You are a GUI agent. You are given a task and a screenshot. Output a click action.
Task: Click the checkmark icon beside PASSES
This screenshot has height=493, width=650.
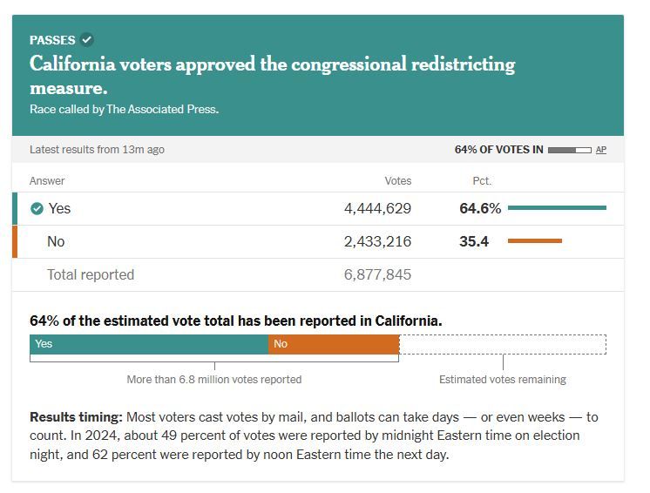click(87, 39)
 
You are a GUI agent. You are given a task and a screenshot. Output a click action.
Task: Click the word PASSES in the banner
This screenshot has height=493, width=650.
click(52, 40)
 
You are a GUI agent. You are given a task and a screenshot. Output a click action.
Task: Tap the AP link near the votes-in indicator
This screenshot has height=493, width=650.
click(601, 150)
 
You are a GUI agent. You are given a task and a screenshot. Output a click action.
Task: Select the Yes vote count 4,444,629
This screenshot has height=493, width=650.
click(377, 209)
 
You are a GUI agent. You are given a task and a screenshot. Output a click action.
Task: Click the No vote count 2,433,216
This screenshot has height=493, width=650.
click(377, 241)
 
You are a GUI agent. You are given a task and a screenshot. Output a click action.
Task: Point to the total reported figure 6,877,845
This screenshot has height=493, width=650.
click(377, 274)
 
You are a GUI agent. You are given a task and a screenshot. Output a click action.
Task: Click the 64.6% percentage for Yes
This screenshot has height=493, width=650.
click(480, 209)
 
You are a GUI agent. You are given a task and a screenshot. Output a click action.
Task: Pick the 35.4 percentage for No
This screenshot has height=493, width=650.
click(474, 241)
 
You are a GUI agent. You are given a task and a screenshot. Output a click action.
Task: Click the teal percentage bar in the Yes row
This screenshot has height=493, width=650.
click(557, 208)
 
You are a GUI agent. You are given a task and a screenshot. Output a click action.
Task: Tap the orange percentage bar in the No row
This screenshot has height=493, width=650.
click(534, 241)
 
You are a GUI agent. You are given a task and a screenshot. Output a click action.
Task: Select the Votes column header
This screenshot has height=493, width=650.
click(398, 181)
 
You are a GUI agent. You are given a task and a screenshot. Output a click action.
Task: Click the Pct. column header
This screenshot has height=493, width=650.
click(481, 181)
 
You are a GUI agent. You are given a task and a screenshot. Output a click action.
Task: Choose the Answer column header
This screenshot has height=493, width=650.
click(47, 181)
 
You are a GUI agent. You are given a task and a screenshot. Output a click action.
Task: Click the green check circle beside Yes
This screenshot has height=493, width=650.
click(37, 209)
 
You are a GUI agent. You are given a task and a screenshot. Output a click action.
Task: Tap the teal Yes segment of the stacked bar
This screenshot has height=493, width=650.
click(149, 344)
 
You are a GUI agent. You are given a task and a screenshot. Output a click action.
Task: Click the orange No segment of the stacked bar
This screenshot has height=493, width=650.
click(334, 344)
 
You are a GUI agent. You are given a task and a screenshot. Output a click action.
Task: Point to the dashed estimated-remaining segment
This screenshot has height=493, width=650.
click(503, 344)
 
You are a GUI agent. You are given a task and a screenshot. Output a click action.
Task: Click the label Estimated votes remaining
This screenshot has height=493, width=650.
click(503, 380)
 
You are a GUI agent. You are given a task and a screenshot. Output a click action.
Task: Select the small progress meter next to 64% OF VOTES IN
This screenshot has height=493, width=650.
click(569, 150)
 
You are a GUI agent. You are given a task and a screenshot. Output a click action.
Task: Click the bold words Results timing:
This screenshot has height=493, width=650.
click(76, 417)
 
